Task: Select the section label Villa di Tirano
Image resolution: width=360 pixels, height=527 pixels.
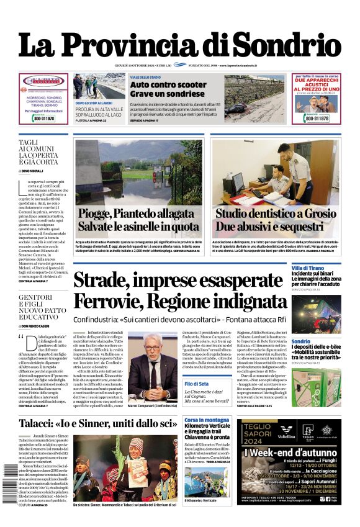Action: point(308,267)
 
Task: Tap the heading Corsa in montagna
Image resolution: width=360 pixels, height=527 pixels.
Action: point(207,420)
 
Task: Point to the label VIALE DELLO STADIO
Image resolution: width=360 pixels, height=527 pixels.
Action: point(145,77)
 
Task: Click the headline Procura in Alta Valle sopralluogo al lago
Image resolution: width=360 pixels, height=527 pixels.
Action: point(99,112)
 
